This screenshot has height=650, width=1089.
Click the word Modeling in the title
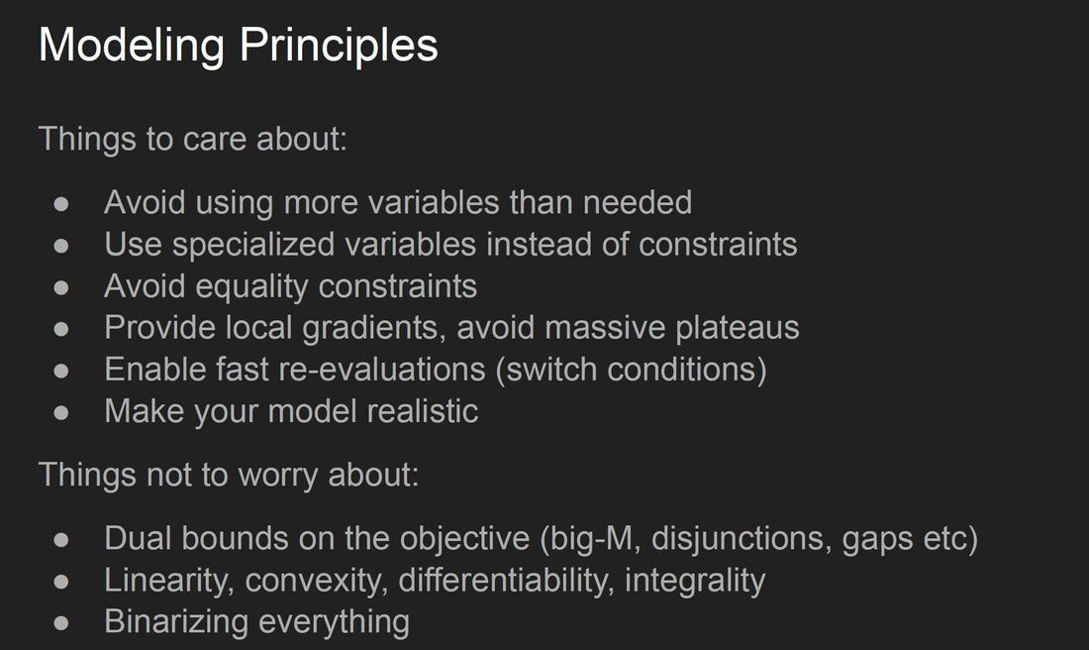tap(132, 47)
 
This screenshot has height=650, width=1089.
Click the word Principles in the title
tap(339, 47)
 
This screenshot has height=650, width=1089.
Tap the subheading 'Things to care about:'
tap(192, 139)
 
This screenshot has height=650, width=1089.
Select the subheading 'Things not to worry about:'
tap(229, 476)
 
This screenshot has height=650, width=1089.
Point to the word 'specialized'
tap(253, 246)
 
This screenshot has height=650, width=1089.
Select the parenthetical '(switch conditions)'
tap(632, 370)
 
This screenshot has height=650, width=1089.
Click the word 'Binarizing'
tap(176, 622)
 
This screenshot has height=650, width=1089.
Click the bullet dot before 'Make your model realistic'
tap(61, 413)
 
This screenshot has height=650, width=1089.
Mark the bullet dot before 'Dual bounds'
tap(61, 540)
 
